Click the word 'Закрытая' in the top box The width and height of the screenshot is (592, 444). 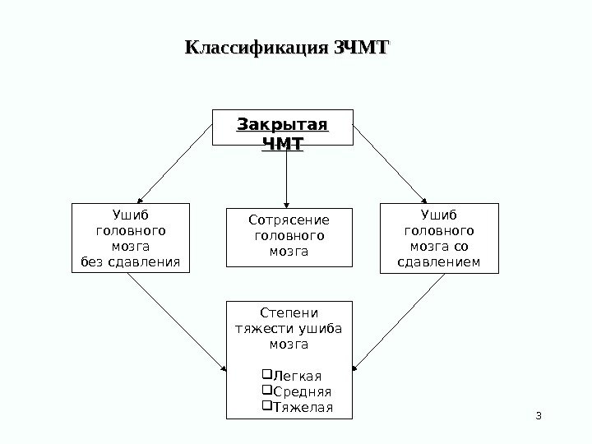coord(282,125)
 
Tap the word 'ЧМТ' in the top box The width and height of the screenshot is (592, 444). coord(282,145)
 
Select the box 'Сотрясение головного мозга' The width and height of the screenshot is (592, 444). coord(288,238)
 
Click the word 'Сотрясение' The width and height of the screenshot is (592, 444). coord(288,220)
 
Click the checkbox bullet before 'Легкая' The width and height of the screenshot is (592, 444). coord(264,377)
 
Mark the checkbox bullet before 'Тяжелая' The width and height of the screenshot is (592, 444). coord(264,408)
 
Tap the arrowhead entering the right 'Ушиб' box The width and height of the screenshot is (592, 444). coord(425,199)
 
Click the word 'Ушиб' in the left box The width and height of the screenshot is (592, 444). coord(130,217)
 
